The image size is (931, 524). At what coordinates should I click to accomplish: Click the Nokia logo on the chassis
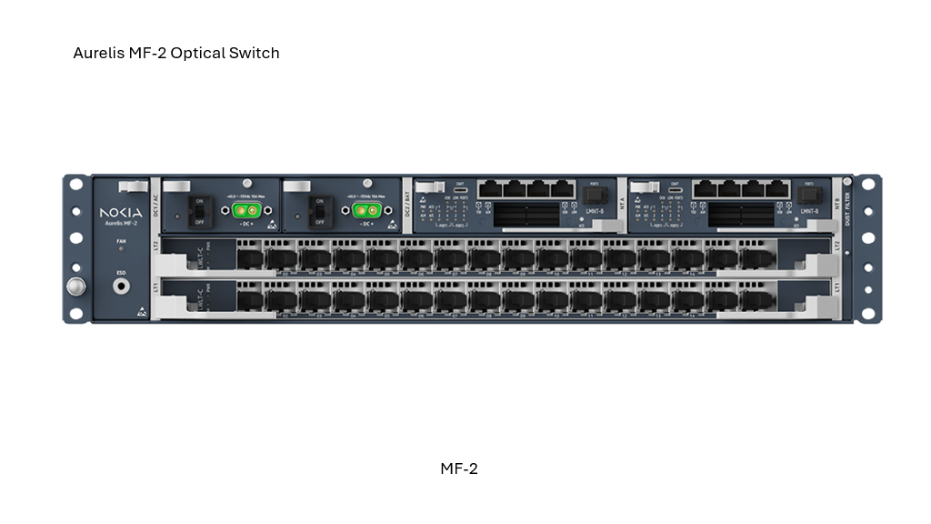point(121,212)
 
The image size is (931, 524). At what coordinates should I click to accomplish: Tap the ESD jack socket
point(121,286)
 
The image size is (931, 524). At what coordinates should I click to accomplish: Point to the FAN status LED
point(121,248)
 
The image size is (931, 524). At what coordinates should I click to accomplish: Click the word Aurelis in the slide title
point(98,53)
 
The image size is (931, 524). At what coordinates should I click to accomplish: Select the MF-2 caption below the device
point(459,469)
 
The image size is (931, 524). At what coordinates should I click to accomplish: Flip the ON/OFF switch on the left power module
point(196,211)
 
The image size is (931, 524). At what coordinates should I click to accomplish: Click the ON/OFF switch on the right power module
point(317,211)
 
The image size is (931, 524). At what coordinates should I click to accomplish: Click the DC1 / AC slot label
point(155,206)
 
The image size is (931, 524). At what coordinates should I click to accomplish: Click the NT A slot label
point(622,206)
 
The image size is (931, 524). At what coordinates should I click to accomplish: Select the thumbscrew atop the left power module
point(247,184)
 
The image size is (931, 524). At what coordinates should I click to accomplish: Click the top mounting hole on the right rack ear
point(867,185)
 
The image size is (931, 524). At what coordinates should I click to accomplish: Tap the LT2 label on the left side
point(155,246)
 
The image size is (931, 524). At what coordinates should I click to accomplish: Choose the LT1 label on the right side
point(836,287)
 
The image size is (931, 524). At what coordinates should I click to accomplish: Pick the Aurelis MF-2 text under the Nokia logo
point(121,223)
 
